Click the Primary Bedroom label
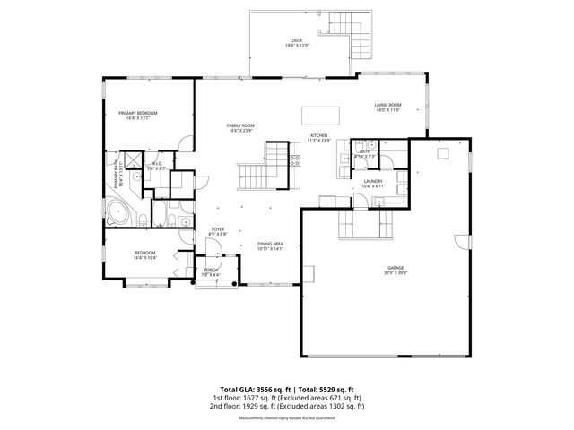(x=138, y=113)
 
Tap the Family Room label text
(x=240, y=125)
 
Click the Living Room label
(x=387, y=106)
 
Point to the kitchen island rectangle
(x=321, y=114)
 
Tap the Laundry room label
(x=373, y=182)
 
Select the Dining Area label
(x=270, y=245)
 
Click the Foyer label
(x=217, y=229)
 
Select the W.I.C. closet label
(x=154, y=164)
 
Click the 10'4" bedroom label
(x=145, y=254)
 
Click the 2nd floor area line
(x=286, y=405)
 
